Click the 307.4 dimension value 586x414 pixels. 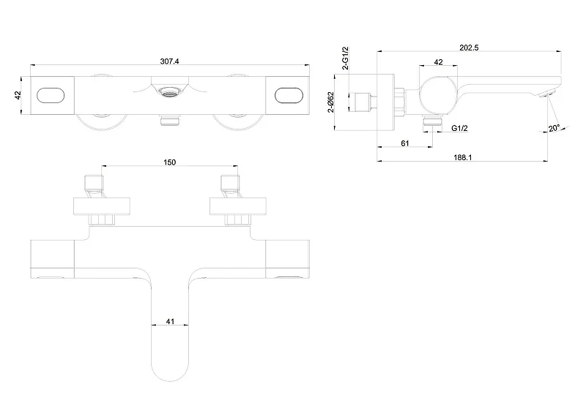click(169, 61)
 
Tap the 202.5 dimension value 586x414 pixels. click(469, 48)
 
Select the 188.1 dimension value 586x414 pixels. click(463, 157)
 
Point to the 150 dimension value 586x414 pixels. click(169, 162)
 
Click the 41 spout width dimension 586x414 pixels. click(170, 321)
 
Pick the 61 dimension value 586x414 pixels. click(405, 143)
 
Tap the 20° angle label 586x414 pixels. click(554, 128)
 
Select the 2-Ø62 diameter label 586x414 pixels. click(331, 102)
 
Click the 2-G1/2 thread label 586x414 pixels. click(345, 59)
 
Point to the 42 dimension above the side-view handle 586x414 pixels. click(438, 62)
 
